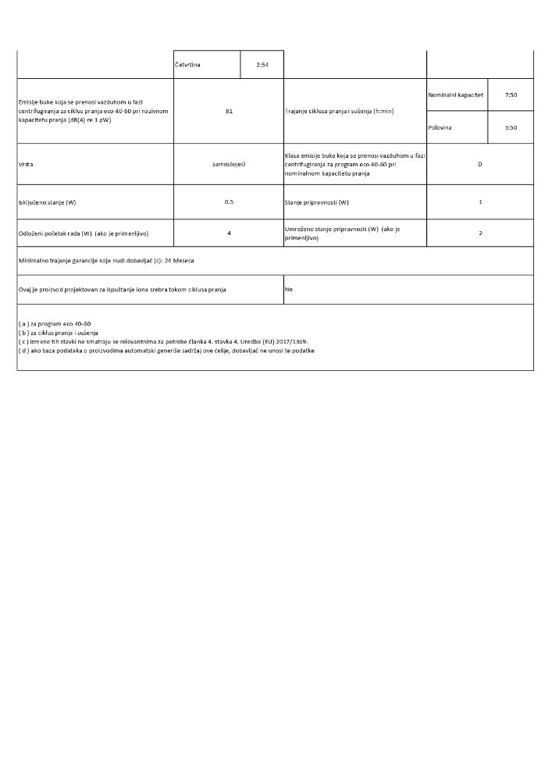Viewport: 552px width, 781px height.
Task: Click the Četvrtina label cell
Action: (188, 64)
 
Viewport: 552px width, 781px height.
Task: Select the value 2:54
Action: (262, 64)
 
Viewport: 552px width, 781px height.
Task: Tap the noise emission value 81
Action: (229, 111)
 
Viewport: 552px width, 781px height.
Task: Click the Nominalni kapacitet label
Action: (456, 95)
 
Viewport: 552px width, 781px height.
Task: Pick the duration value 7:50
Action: (511, 95)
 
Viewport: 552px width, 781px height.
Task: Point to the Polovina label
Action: (440, 127)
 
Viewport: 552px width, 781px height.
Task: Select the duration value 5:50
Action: (511, 127)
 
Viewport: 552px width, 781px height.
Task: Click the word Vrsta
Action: (26, 165)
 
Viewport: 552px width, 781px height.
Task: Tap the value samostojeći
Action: (229, 165)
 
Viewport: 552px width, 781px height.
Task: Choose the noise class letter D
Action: (479, 164)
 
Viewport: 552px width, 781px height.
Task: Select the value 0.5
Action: (229, 201)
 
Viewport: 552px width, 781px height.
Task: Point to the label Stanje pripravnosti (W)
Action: (316, 202)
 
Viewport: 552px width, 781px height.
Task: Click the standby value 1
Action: (480, 201)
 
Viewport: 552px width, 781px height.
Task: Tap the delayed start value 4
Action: (229, 233)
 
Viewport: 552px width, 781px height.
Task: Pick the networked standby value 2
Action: (480, 233)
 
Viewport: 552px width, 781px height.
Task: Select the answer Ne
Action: (288, 289)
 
